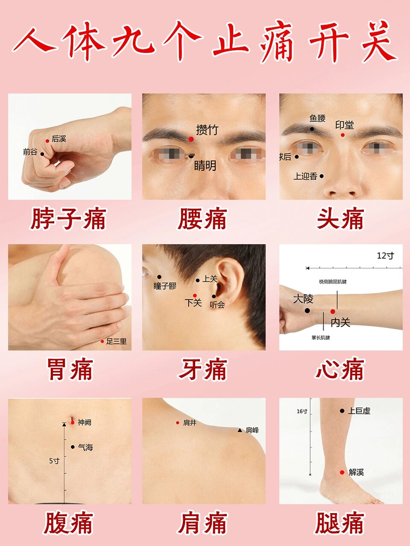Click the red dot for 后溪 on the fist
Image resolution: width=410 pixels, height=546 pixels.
[47, 141]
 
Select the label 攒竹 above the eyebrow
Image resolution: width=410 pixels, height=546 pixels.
[207, 129]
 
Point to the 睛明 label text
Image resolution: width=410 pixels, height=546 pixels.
[205, 166]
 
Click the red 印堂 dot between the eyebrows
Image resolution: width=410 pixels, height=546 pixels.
[343, 135]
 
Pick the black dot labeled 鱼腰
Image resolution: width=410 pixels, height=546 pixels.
[312, 129]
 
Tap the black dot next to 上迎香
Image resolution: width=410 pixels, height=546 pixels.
[322, 176]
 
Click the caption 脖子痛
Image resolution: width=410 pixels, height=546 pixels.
[68, 219]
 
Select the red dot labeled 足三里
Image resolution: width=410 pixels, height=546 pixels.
[102, 342]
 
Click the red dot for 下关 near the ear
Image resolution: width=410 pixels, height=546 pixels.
[195, 295]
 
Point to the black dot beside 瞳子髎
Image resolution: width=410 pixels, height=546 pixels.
[159, 277]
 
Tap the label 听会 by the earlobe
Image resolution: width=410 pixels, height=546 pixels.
[217, 305]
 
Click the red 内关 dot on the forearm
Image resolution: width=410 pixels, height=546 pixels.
[333, 312]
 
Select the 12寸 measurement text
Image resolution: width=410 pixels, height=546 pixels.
[385, 256]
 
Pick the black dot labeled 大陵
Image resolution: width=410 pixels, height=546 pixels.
[307, 310]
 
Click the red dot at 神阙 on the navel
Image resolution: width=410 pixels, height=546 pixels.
[73, 423]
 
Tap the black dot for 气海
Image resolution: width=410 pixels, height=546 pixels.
[73, 447]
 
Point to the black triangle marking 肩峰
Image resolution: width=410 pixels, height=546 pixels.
[240, 430]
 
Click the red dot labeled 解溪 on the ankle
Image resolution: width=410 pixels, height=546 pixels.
[342, 472]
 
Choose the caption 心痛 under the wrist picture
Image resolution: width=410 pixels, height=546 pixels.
[340, 370]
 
